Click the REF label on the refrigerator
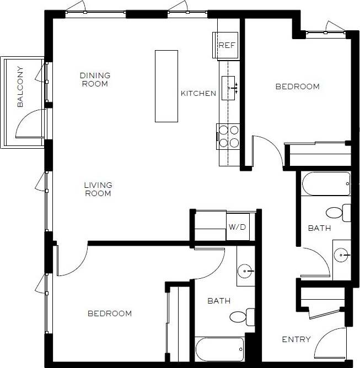pos(227,45)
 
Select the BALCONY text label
pos(20,86)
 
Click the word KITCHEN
pos(198,93)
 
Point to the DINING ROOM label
pos(95,79)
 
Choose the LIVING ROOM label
pos(98,190)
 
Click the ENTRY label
pos(296,339)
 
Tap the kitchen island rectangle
pos(166,86)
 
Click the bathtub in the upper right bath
pos(326,183)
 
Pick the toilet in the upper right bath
pos(337,212)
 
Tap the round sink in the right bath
pos(342,255)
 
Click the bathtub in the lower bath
pos(219,348)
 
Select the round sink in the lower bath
pos(246,272)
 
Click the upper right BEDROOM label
pos(297,86)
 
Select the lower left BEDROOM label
pos(110,313)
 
